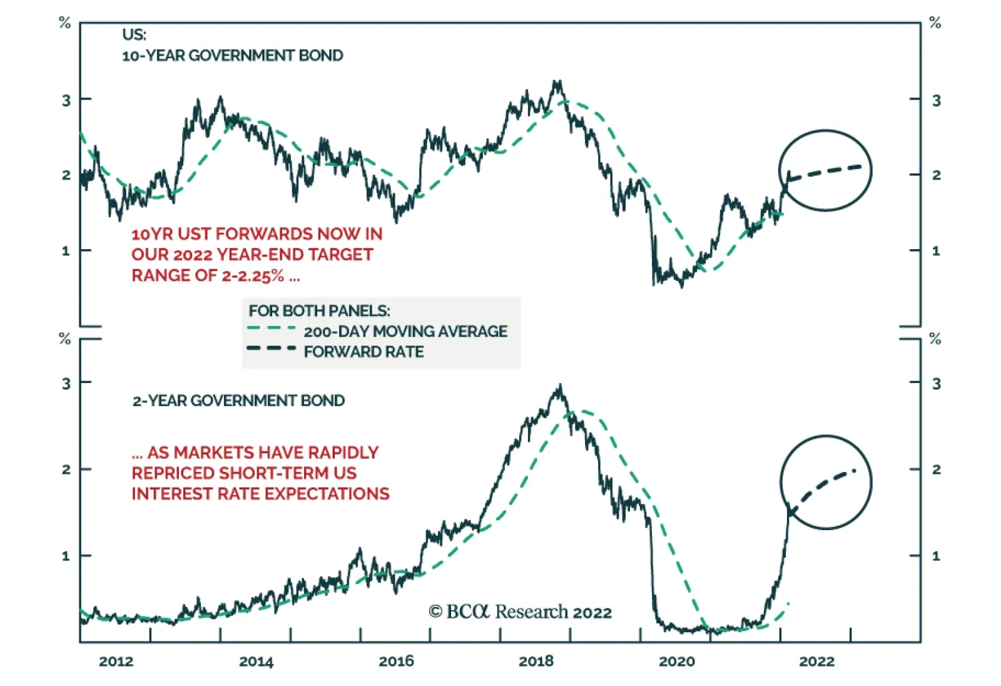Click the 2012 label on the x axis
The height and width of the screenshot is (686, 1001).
tap(116, 661)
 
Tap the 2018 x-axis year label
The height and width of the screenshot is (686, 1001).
tap(536, 661)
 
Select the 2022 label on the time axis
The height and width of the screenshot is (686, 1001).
tap(816, 661)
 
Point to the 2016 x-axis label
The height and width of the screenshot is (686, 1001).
tap(396, 661)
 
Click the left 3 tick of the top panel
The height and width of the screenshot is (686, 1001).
tap(66, 100)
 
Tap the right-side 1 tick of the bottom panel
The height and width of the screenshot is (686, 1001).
tap(936, 556)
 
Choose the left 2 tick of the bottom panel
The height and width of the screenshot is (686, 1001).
tap(66, 469)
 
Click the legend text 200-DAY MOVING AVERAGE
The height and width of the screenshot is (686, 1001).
tap(405, 331)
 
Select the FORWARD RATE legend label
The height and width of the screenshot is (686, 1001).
tap(363, 352)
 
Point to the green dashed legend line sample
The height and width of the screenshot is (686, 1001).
tap(272, 328)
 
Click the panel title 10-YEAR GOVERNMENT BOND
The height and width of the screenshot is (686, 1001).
tap(232, 56)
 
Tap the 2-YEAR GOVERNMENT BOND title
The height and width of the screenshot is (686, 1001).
tap(238, 401)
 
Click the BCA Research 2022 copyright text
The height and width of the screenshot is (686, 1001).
tap(520, 612)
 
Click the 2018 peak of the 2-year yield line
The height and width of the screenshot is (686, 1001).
tap(560, 387)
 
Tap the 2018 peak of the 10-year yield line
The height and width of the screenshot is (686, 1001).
tap(556, 83)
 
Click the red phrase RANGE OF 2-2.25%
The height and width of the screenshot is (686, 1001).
tap(216, 275)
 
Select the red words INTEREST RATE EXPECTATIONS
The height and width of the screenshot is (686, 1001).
tap(260, 494)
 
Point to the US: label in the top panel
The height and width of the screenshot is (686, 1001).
tap(134, 35)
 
